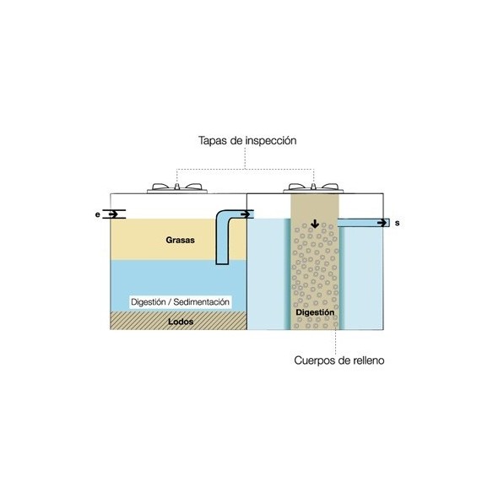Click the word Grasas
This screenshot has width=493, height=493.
coord(180,241)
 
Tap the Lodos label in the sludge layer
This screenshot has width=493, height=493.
coord(181,322)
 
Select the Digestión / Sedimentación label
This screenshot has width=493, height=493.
coord(180,302)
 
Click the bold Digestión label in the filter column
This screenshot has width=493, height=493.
coord(315,312)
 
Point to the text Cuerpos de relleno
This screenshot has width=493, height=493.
coord(339,360)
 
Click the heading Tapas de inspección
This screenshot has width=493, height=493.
coord(247,140)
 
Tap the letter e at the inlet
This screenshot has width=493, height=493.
coord(98,214)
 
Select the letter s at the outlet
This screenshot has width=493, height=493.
coord(398,223)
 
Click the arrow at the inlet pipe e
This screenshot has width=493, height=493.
coord(113,214)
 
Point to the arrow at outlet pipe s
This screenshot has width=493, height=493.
coord(382,223)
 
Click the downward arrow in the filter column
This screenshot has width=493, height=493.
coord(315,224)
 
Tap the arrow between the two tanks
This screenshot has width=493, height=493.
coord(245,214)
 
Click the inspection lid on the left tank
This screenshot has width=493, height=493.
coord(177,188)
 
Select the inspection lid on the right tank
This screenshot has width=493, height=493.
coord(313,188)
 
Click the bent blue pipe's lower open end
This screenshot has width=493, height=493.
coord(222,263)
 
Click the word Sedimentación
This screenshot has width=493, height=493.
coord(202,302)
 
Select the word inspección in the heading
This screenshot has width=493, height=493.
coord(271,141)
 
